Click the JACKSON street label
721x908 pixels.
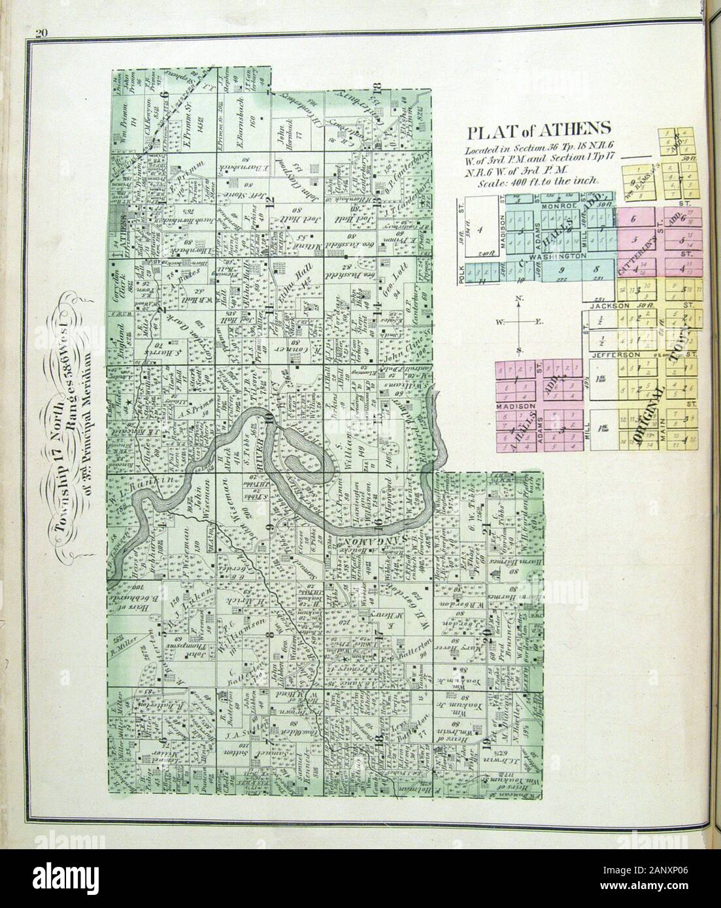point(611,305)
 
